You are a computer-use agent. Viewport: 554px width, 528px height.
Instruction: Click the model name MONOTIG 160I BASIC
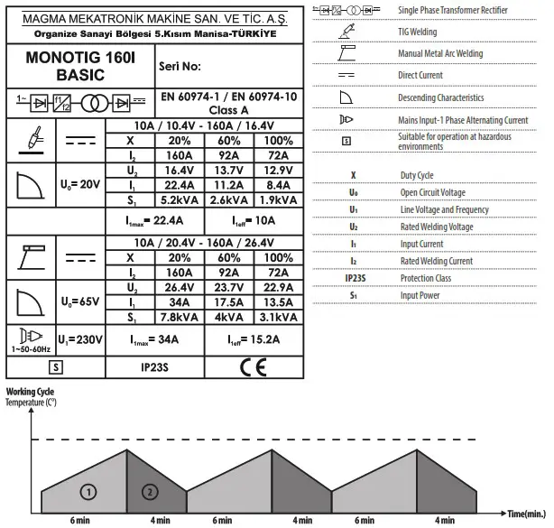pos(60,65)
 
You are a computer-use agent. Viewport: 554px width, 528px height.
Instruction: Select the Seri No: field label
pos(180,67)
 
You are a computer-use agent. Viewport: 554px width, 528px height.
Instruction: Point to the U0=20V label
pos(79,184)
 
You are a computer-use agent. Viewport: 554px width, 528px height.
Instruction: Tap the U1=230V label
pos(81,339)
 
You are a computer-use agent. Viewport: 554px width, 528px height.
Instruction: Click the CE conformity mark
pos(254,367)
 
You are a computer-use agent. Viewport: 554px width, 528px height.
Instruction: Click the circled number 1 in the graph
pos(88,491)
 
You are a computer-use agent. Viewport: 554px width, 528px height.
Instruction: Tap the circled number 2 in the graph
pos(150,491)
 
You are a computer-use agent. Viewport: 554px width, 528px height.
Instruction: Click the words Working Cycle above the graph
pos(30,392)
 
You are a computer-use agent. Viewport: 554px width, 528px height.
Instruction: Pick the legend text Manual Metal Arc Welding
pos(440,54)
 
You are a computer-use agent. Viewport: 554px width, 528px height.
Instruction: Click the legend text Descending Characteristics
pos(441,97)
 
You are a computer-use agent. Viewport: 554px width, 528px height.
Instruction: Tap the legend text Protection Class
pos(427,278)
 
